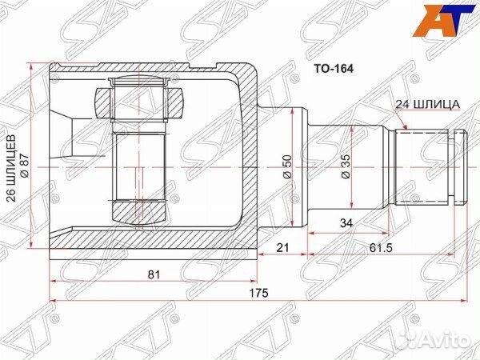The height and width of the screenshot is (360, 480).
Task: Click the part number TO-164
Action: (332, 70)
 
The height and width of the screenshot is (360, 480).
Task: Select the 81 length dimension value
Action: (154, 274)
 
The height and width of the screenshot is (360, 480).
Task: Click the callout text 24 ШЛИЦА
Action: (426, 105)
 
